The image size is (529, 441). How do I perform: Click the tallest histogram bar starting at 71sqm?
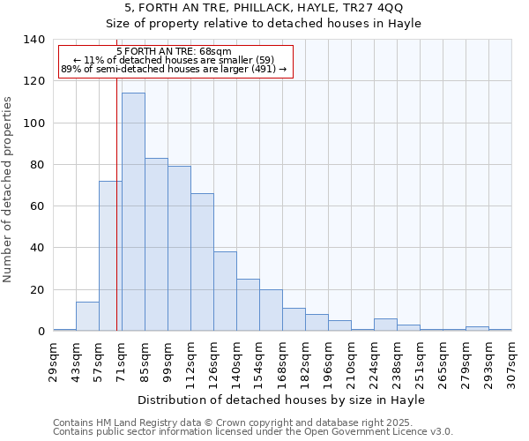tap(133, 212)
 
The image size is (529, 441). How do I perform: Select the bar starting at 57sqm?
tap(110, 256)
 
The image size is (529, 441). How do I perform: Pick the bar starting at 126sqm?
tap(225, 291)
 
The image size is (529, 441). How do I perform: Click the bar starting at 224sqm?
tap(385, 325)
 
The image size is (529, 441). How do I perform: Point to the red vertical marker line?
tap(116, 220)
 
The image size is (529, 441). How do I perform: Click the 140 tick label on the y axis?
tap(34, 40)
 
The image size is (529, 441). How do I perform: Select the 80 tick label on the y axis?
tap(38, 165)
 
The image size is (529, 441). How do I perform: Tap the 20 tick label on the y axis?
tap(38, 289)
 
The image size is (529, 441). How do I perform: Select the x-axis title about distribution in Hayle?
tap(282, 400)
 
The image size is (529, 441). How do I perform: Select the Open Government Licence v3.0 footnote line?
tap(253, 432)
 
